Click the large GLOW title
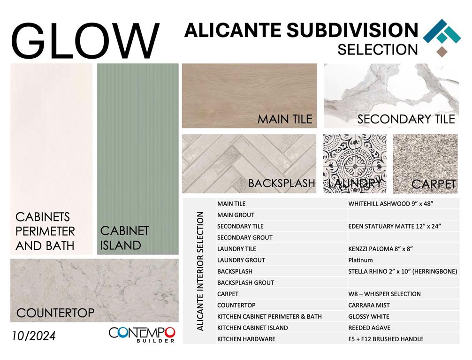pyautogui.click(x=85, y=40)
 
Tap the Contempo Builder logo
pyautogui.click(x=142, y=334)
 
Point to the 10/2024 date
pyautogui.click(x=34, y=336)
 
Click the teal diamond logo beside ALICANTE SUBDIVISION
pyautogui.click(x=442, y=38)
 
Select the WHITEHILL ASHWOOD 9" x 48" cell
pyautogui.click(x=390, y=204)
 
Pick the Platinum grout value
pyautogui.click(x=360, y=260)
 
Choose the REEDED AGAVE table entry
pyautogui.click(x=369, y=328)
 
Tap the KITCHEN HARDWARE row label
pyautogui.click(x=246, y=339)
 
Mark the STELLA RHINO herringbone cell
pyautogui.click(x=403, y=271)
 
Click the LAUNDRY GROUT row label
pyautogui.click(x=241, y=260)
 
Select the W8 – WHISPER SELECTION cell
pyautogui.click(x=384, y=294)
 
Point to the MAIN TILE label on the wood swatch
pyautogui.click(x=285, y=119)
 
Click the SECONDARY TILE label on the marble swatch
pyautogui.click(x=406, y=119)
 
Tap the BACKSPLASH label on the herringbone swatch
pyautogui.click(x=282, y=183)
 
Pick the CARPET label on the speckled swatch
pyautogui.click(x=434, y=184)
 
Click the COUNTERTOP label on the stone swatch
pyautogui.click(x=55, y=313)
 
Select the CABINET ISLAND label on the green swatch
pyautogui.click(x=124, y=238)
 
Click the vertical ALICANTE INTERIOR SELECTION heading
pyautogui.click(x=200, y=271)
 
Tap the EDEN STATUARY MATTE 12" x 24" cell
pyautogui.click(x=394, y=226)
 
